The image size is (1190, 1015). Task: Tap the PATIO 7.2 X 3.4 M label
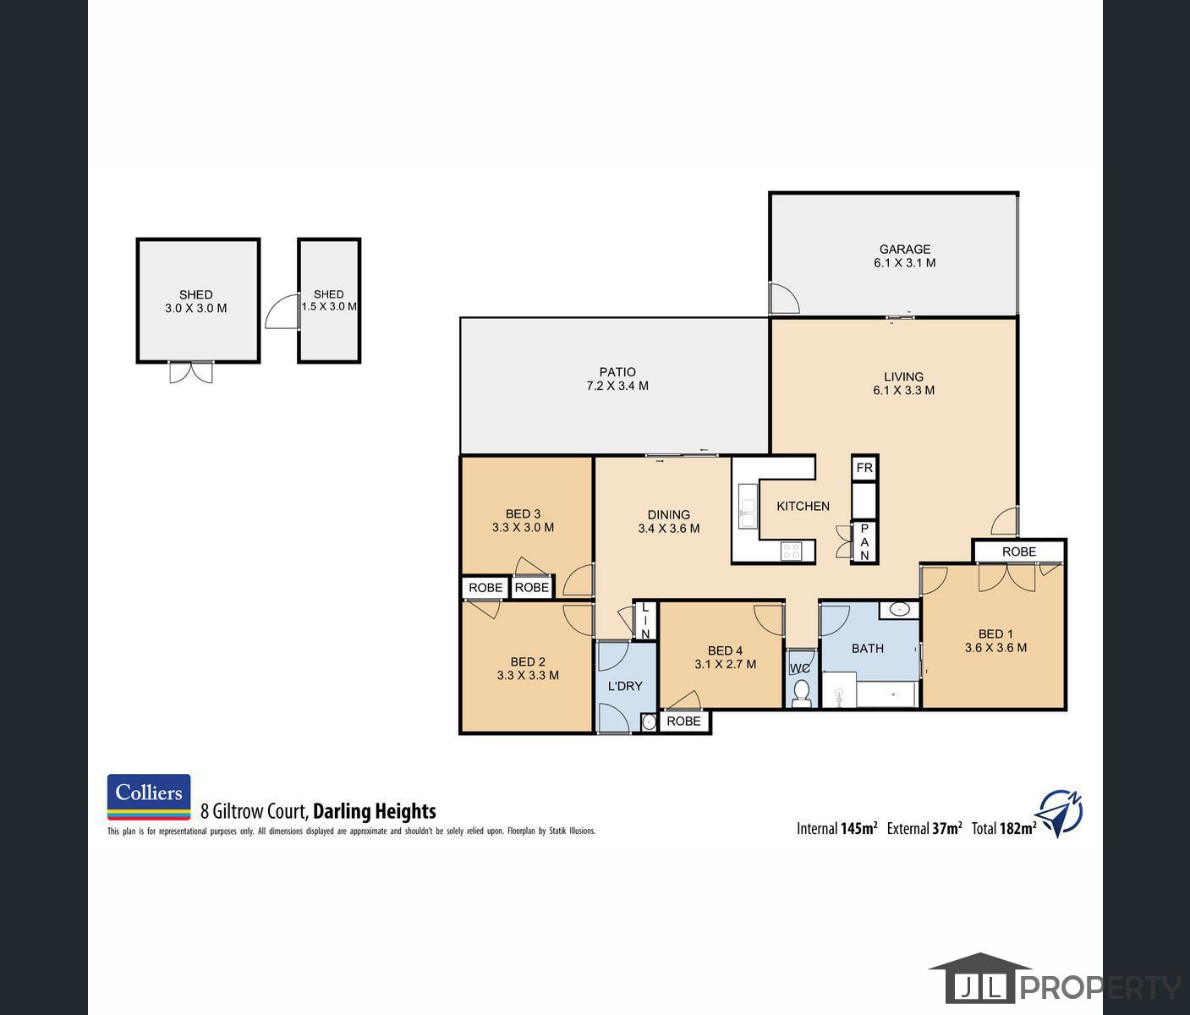pyautogui.click(x=617, y=379)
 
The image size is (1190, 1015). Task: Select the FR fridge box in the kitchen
pyautogui.click(x=864, y=468)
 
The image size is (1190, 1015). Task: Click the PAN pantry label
pyautogui.click(x=864, y=542)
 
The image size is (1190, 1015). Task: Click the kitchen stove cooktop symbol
pyautogui.click(x=791, y=551)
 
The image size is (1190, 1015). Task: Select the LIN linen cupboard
pyautogui.click(x=644, y=620)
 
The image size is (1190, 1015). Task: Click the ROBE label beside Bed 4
pyautogui.click(x=683, y=721)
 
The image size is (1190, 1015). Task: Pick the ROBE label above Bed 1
pyautogui.click(x=1018, y=551)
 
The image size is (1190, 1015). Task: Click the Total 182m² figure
pyautogui.click(x=1004, y=829)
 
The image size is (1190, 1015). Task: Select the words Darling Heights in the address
pyautogui.click(x=374, y=811)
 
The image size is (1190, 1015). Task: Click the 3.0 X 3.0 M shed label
pyautogui.click(x=195, y=309)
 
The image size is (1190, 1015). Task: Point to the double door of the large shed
pyautogui.click(x=191, y=372)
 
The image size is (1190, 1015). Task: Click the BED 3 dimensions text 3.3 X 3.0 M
pyautogui.click(x=523, y=527)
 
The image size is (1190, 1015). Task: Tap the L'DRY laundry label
pyautogui.click(x=625, y=686)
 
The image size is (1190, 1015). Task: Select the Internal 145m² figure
pyautogui.click(x=836, y=829)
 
